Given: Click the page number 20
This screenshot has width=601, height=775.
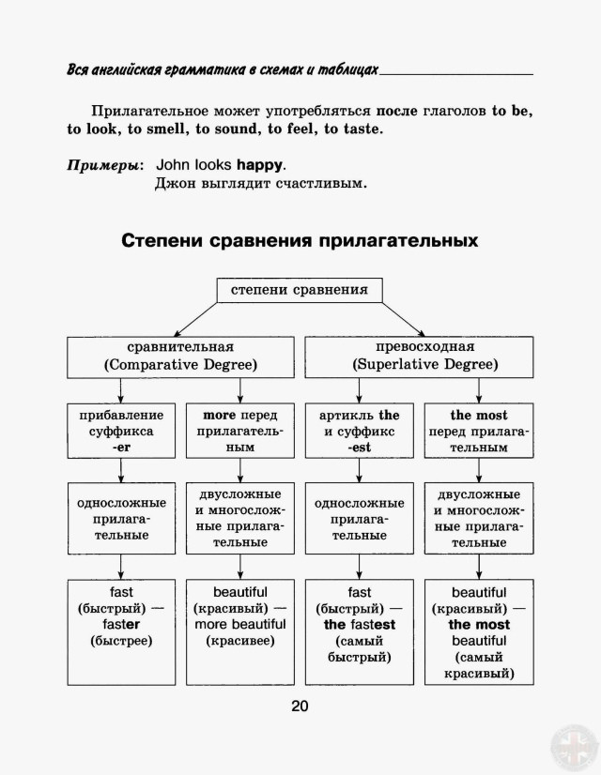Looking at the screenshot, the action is pos(300,706).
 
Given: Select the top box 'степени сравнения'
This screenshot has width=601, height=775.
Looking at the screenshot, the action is pos(300,290).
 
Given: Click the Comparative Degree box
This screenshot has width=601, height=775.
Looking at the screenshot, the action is pos(180,357).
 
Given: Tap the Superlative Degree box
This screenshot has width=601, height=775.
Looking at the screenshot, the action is pos(419,357).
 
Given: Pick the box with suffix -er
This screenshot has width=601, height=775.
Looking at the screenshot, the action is pos(121,431).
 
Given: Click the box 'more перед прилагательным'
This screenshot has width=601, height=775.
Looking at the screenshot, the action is pos(239,431).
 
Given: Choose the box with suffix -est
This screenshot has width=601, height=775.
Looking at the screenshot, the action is pos(359,431).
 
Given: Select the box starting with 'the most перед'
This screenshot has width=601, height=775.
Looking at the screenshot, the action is pos(479,431).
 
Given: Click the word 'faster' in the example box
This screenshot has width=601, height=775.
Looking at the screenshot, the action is pos(121,624).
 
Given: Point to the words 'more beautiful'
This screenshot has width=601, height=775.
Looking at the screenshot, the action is pos(239,624).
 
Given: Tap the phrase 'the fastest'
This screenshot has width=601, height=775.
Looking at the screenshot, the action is pos(360,625).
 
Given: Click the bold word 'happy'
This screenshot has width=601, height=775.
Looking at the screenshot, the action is pos(259,164).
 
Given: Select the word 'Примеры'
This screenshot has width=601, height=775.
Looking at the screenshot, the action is pos(103,165).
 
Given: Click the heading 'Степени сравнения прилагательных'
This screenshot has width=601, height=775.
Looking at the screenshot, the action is pos(300,241).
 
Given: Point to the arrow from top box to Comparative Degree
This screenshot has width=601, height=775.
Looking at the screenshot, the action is pos(195,320).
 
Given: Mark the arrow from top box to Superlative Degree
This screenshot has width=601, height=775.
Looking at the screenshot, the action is pos(404,320).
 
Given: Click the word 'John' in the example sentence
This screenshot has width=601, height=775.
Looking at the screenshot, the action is pos(173,164).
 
